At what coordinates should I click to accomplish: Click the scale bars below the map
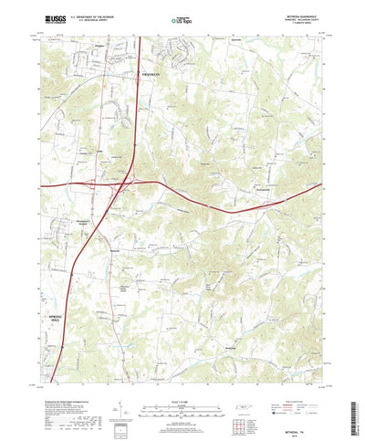182,395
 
